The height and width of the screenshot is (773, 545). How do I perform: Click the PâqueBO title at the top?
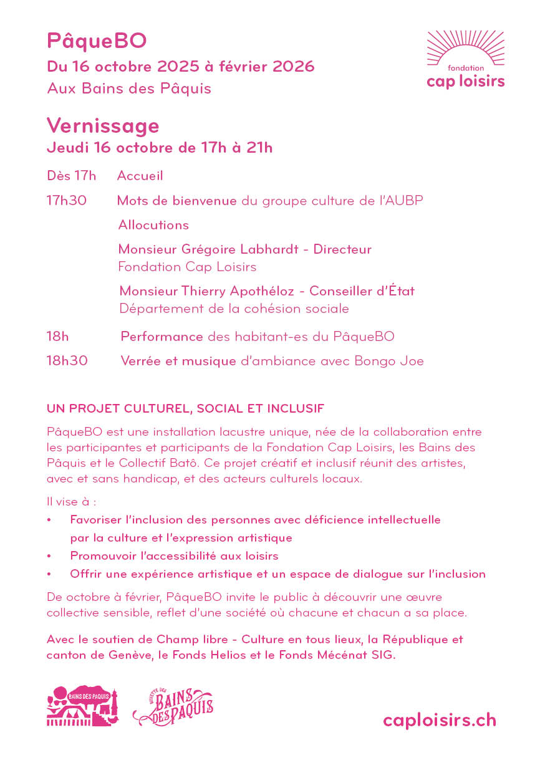[x=97, y=41]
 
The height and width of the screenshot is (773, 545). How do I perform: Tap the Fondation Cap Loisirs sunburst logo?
[x=465, y=60]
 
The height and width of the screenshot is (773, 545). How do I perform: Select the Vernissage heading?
[x=103, y=126]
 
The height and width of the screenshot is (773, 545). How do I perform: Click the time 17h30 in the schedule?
[x=67, y=201]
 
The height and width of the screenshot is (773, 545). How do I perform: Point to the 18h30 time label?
[x=67, y=361]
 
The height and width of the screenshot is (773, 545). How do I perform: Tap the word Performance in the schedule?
[x=162, y=337]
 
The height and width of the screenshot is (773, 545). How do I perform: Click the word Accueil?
[x=140, y=176]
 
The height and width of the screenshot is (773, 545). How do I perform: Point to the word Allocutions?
[x=153, y=225]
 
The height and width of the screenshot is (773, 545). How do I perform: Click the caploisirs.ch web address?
[x=440, y=720]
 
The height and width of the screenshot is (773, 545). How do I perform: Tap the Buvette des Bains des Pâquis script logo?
[x=173, y=707]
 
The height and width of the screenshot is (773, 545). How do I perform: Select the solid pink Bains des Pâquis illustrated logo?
[x=82, y=706]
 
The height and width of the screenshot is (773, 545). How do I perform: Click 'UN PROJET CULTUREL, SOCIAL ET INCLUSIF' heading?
[x=185, y=409]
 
